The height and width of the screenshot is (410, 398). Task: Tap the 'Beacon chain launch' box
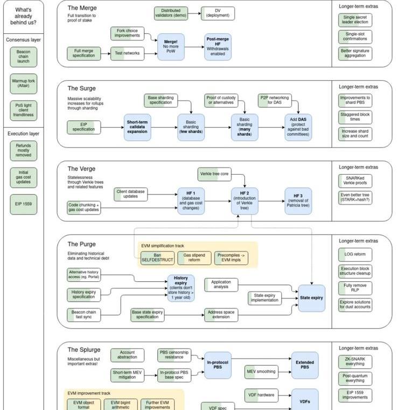click(23, 56)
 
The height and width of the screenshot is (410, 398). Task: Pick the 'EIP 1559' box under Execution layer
click(23, 205)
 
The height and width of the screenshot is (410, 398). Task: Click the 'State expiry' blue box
click(311, 297)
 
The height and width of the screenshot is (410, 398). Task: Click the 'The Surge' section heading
click(81, 88)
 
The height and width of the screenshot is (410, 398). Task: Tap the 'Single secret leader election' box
click(355, 21)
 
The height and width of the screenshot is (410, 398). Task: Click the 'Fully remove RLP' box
click(355, 288)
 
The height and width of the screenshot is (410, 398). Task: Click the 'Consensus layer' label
click(23, 40)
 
